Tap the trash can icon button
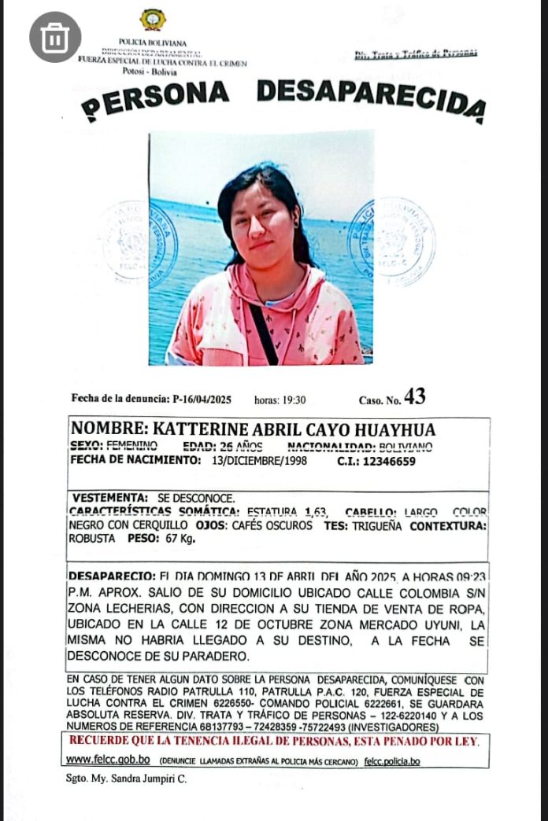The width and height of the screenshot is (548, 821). pyautogui.click(x=55, y=37)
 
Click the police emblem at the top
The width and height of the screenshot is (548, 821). pyautogui.click(x=152, y=20)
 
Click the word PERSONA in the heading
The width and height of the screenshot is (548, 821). pyautogui.click(x=155, y=97)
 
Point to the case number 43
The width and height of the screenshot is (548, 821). pyautogui.click(x=415, y=397)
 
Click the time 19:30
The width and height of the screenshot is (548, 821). pyautogui.click(x=292, y=399)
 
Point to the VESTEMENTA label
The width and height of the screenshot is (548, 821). pyautogui.click(x=109, y=498)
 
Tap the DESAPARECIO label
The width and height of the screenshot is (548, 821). pyautogui.click(x=111, y=575)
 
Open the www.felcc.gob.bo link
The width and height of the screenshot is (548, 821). pyautogui.click(x=108, y=760)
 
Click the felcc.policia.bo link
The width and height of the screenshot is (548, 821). pyautogui.click(x=392, y=761)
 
